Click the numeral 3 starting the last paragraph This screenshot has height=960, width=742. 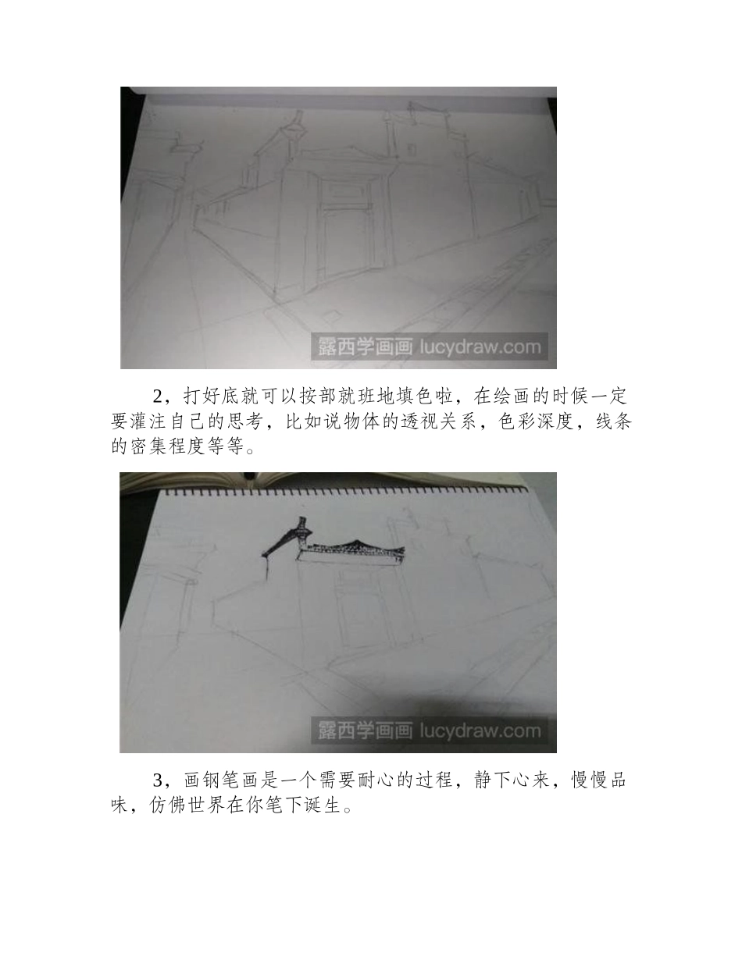click(x=159, y=780)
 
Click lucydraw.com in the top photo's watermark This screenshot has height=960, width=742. click(x=480, y=347)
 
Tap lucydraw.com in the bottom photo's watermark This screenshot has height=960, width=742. click(x=480, y=731)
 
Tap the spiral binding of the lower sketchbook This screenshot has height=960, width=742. click(x=344, y=492)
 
